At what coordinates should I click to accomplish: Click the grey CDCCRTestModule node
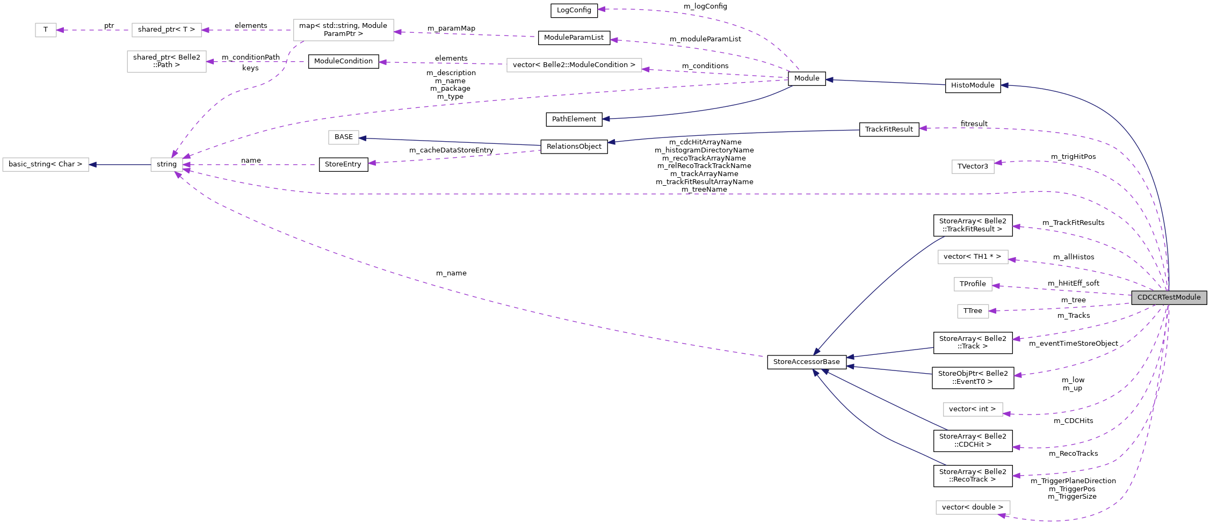coord(1169,297)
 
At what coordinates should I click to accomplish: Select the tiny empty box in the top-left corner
coord(46,30)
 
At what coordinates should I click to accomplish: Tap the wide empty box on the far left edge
coord(46,164)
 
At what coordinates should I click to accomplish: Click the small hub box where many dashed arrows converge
coord(166,164)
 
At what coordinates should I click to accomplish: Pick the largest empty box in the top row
coord(343,30)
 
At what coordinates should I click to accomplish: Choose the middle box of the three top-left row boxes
coord(166,30)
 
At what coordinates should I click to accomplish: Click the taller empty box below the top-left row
coord(166,62)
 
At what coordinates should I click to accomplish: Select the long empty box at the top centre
coord(574,65)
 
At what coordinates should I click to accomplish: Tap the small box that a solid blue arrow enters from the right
coord(343,137)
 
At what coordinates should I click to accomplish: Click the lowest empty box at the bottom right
coord(973,507)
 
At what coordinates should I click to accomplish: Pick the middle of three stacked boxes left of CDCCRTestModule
coord(973,284)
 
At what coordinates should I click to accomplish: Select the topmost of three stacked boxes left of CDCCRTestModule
coord(973,257)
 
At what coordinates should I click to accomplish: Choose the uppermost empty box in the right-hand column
coord(973,166)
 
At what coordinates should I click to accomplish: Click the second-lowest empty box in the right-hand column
coord(973,409)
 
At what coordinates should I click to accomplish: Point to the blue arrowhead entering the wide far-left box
coord(93,164)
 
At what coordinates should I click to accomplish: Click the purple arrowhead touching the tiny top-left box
coord(60,30)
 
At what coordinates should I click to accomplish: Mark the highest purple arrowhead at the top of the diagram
coord(602,9)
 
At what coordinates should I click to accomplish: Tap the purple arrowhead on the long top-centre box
coord(646,69)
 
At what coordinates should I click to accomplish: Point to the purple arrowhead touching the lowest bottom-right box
coord(1002,516)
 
